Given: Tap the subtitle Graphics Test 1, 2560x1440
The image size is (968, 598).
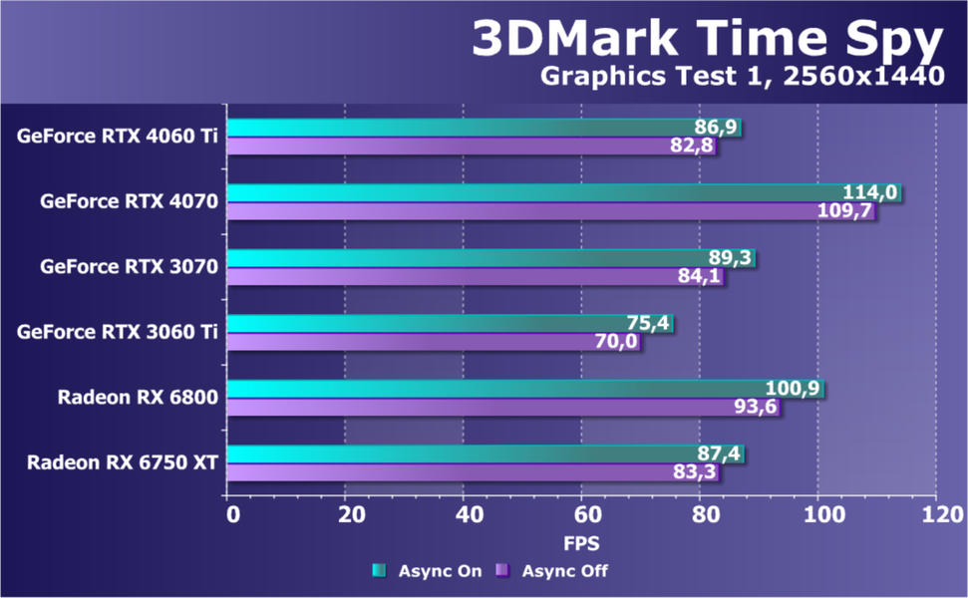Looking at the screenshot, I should point(742,77).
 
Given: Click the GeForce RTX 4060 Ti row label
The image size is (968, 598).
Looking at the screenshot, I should point(118,136).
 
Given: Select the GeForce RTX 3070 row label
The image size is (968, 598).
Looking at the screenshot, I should point(129,266).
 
